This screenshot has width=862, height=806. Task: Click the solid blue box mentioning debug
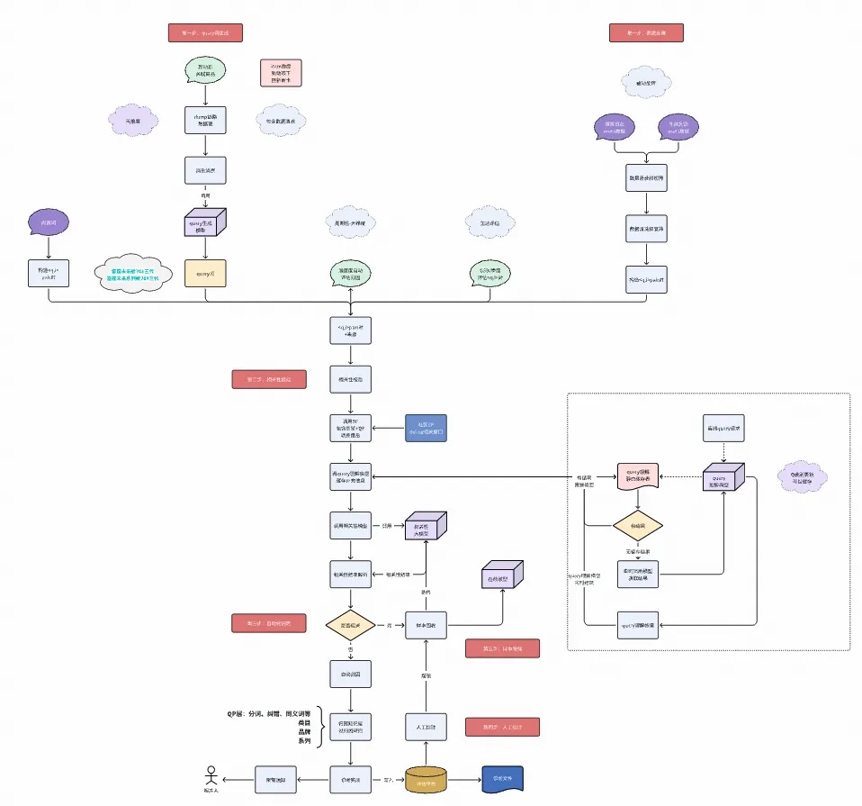[x=427, y=428]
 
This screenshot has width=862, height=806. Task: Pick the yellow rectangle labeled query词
[x=205, y=274]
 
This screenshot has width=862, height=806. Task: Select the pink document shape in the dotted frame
[x=637, y=476]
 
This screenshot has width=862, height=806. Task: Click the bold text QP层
[x=238, y=712]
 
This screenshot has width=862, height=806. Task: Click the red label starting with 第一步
[x=206, y=33]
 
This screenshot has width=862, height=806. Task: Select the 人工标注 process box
[x=427, y=727]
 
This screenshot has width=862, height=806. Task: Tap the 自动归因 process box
[x=350, y=674]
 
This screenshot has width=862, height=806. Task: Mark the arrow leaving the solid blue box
[x=388, y=428]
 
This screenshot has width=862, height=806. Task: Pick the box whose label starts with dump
[x=205, y=121]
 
